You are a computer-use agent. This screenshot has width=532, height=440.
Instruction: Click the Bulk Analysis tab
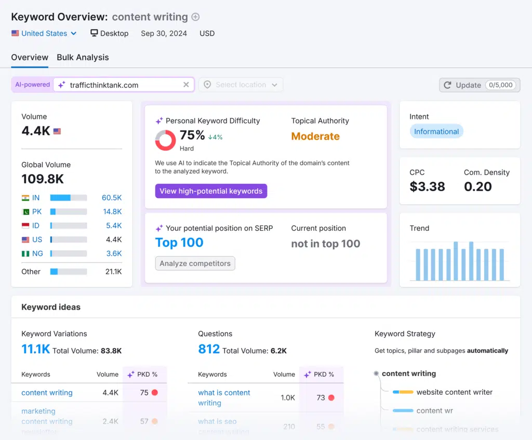(83, 58)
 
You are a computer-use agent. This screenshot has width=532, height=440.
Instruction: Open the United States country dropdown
(44, 33)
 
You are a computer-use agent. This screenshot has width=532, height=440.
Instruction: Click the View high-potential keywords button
(211, 191)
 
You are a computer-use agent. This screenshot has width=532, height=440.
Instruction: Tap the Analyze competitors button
(195, 263)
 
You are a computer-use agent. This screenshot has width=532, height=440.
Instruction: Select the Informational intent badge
(436, 131)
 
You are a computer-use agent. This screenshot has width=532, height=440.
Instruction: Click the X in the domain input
(186, 85)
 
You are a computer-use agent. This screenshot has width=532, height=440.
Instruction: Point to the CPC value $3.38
(427, 187)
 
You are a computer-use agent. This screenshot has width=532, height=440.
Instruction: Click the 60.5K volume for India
(112, 198)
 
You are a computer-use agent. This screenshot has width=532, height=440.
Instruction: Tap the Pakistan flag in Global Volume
(25, 212)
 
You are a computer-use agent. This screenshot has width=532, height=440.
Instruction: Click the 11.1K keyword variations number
(35, 350)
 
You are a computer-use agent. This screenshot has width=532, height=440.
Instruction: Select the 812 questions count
(209, 350)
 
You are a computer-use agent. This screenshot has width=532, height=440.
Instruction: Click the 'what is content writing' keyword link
(224, 398)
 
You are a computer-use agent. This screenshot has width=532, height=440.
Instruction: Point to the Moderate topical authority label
(315, 137)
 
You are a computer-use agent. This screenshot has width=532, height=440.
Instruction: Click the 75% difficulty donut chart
(165, 140)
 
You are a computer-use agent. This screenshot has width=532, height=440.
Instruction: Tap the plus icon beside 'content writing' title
(195, 17)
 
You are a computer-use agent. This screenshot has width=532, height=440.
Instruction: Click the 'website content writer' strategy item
(454, 392)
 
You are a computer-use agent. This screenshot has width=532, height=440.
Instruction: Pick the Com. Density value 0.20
(477, 187)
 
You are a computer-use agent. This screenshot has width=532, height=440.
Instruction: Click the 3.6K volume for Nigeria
(114, 254)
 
